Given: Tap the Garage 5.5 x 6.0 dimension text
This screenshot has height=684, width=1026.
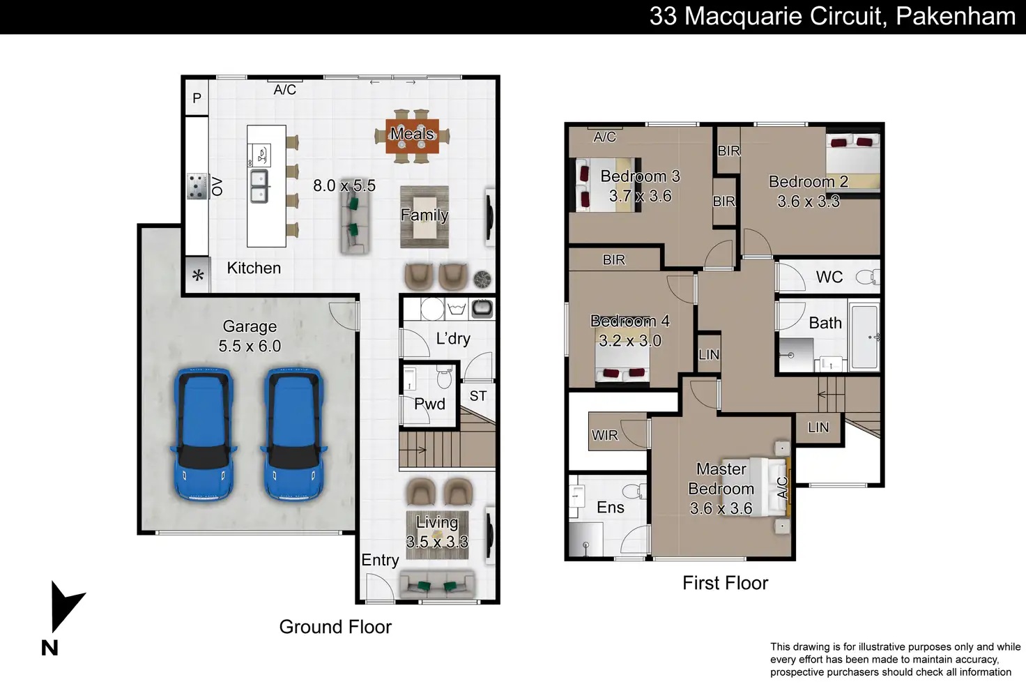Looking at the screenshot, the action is [250, 346].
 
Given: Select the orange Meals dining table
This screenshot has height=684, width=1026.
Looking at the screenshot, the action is [412, 136].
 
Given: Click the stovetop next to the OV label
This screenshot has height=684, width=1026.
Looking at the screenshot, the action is [197, 186].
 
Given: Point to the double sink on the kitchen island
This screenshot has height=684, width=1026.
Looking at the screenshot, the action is [259, 186].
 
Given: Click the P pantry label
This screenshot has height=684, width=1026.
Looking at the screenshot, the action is [197, 98].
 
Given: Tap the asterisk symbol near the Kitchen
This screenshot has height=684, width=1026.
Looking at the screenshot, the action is [198, 276].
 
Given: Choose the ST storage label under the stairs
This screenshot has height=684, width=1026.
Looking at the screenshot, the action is [477, 396].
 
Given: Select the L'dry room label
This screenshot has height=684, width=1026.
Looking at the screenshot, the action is [453, 339].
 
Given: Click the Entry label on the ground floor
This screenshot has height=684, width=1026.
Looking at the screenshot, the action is [380, 560].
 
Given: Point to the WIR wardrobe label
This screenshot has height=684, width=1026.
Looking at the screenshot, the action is [604, 435].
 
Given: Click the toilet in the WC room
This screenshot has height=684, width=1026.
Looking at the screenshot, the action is [868, 277].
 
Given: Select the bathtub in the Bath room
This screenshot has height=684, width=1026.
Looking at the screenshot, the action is [864, 335].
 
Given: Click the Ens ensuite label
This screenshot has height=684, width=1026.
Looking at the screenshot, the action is [610, 507].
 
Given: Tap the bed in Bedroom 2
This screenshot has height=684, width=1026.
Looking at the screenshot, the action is [853, 162].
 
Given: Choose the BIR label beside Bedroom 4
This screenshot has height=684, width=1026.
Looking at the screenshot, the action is [614, 260].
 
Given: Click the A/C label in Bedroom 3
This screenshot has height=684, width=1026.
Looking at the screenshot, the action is [604, 137].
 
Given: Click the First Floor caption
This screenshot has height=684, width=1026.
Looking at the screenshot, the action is [725, 583].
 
